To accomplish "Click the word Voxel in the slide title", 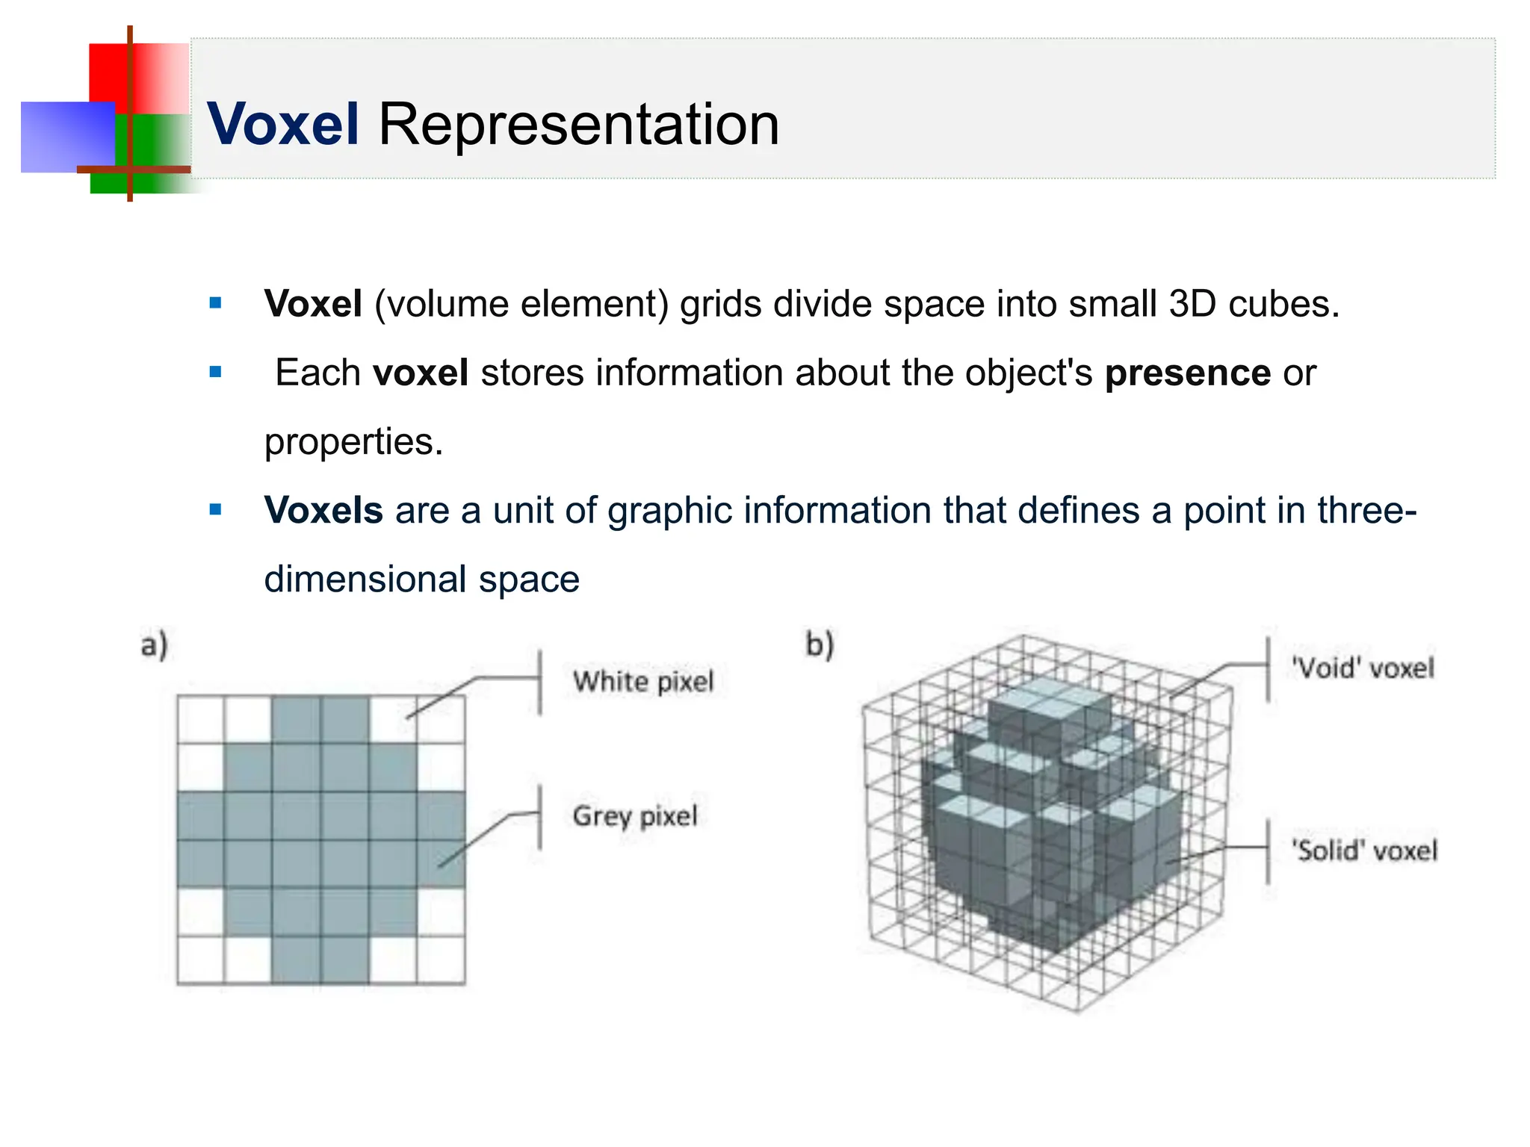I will coord(283,124).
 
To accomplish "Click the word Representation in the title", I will coord(578,124).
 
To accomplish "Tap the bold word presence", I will coord(1187,373).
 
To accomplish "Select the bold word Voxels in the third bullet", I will coord(323,510).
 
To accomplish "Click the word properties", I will coord(353,441).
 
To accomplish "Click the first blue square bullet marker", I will coord(216,303).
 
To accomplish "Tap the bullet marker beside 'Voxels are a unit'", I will coord(216,510).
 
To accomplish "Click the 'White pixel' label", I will coord(643,682).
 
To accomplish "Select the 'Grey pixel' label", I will coord(635,815).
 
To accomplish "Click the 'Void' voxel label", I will coord(1363,668).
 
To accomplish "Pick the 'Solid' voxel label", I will coord(1364,851).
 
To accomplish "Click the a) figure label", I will coord(155,644).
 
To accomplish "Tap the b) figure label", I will coord(820,644).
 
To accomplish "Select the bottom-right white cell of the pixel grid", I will coord(441,960).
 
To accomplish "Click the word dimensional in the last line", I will coord(365,579).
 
